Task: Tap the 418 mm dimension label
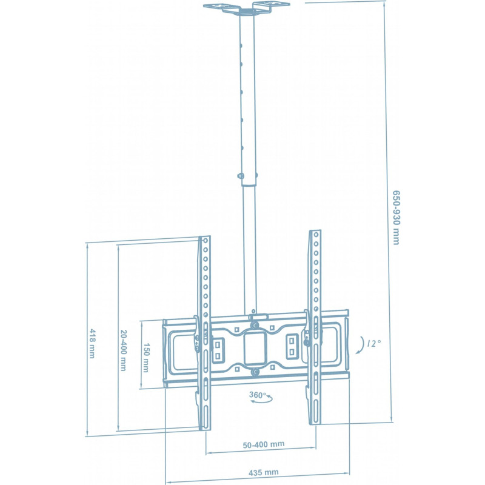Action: pos(92,343)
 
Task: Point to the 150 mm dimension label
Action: pos(146,356)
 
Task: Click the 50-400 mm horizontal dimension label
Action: pos(264,444)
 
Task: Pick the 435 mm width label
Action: pos(264,472)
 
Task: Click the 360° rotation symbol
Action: pos(258,395)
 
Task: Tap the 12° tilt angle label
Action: pos(375,343)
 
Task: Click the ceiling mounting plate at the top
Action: pos(246,8)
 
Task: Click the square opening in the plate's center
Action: pos(255,346)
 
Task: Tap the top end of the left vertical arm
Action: pos(205,238)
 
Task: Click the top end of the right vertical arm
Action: pos(315,232)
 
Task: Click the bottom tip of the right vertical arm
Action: pos(315,423)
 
